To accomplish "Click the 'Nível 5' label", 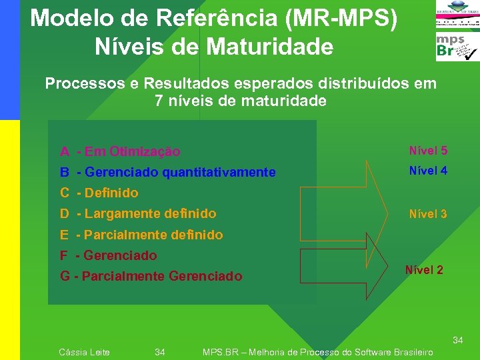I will coord(428,151).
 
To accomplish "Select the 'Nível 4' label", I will coord(428,171).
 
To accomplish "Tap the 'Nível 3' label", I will coord(428,214).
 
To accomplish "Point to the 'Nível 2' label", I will coord(424,270).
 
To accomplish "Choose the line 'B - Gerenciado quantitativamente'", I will coord(167,173).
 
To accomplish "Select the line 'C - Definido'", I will coord(99,193).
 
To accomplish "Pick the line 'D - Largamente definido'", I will coord(138,214).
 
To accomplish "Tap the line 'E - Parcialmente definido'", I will coord(141,235).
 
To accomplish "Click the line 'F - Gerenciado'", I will coord(109,255).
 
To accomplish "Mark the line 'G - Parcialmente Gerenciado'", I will coord(151,276).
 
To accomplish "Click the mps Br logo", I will coord(457,48).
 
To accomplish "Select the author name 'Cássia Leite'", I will coord(85,352).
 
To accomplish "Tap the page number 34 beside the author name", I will coord(160,352).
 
